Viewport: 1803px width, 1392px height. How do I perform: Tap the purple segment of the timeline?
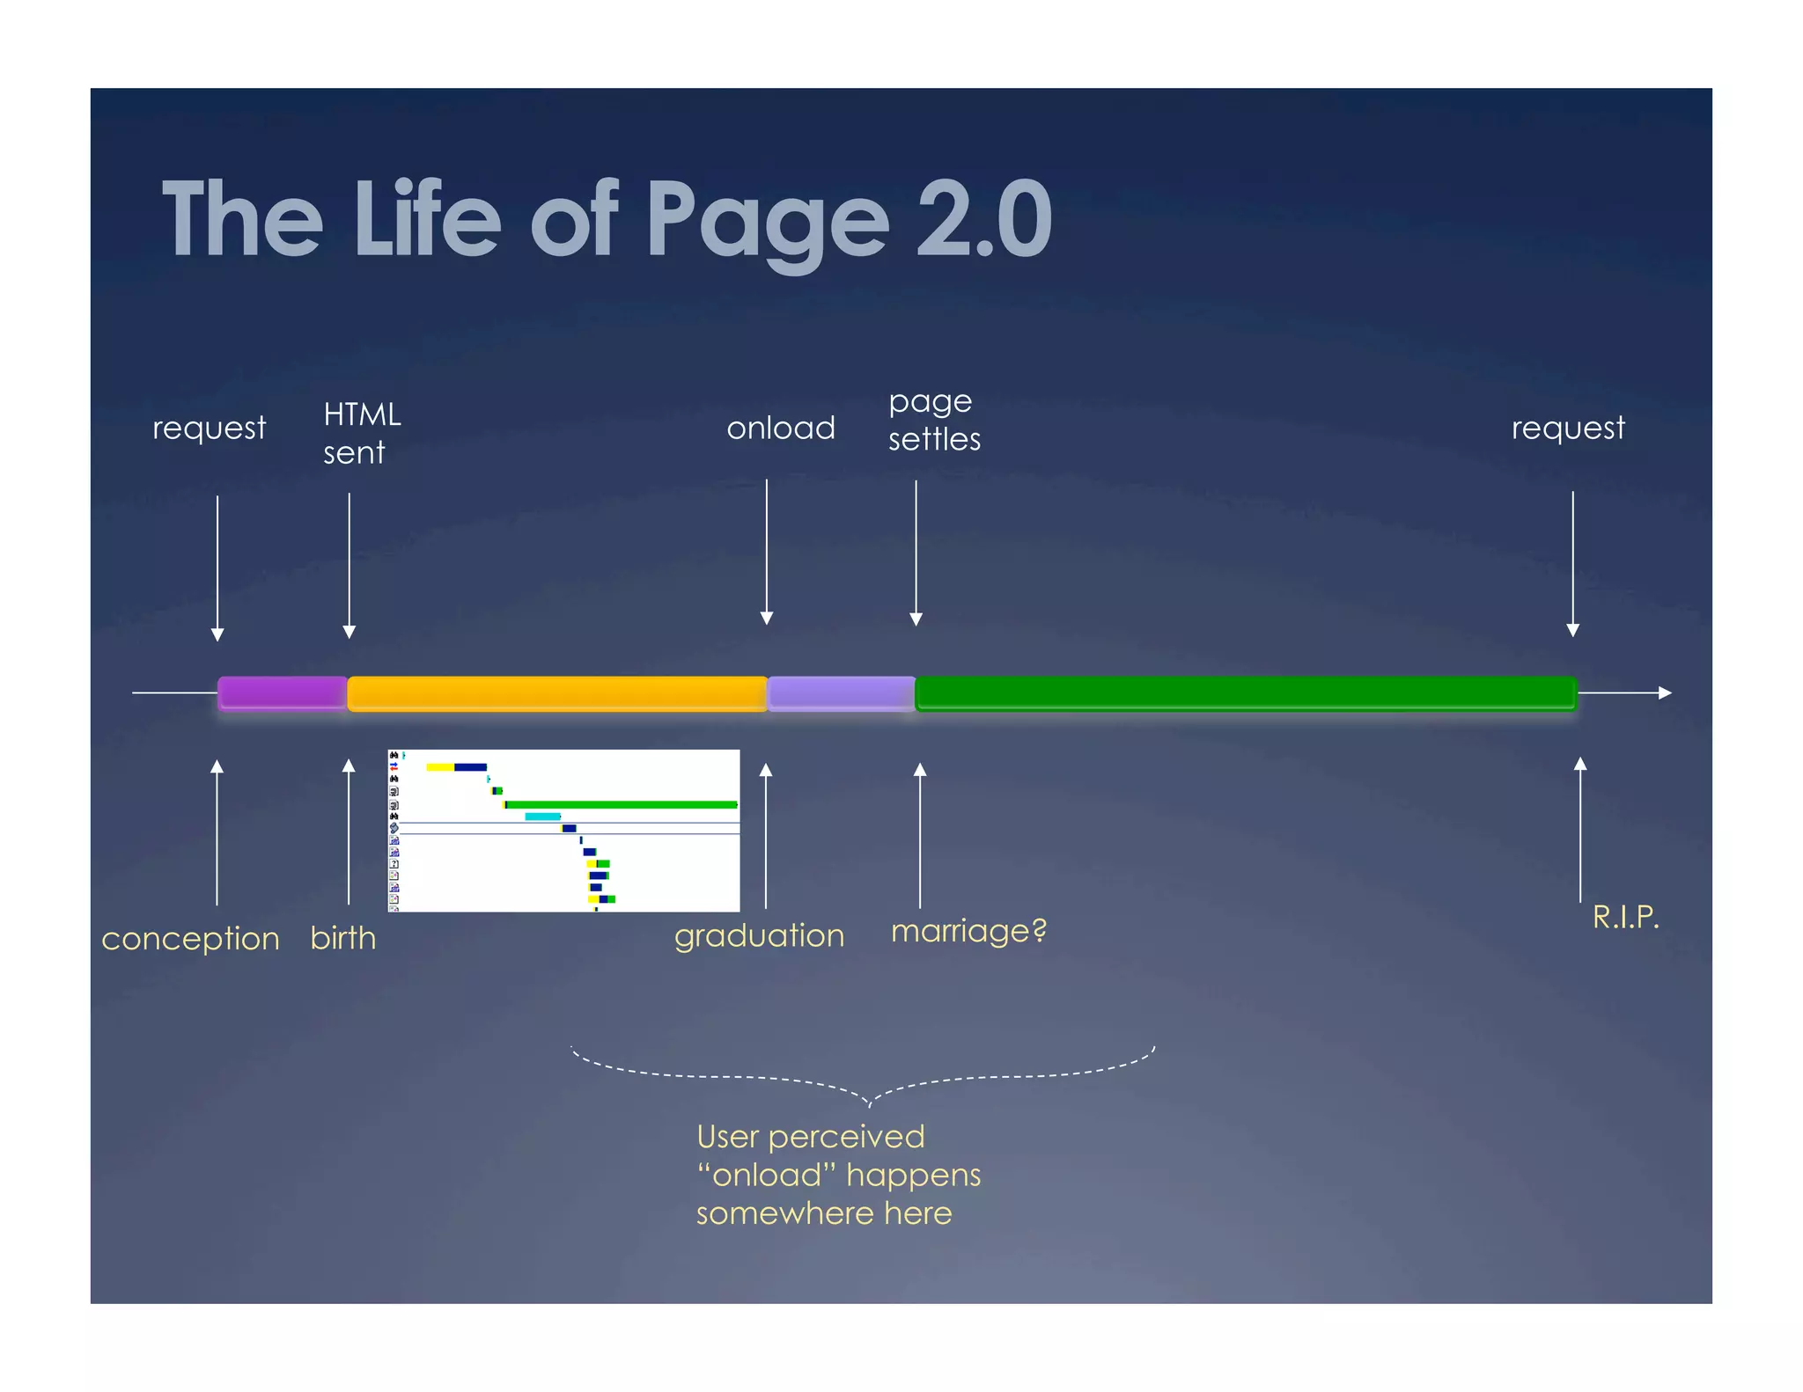pyautogui.click(x=282, y=692)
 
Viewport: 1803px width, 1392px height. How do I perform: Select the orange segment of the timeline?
pyautogui.click(x=556, y=692)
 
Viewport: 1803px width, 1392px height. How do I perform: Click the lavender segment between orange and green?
pyautogui.click(x=841, y=692)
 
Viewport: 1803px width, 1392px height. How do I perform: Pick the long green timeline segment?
pyautogui.click(x=1245, y=692)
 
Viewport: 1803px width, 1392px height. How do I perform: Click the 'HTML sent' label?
pyautogui.click(x=361, y=433)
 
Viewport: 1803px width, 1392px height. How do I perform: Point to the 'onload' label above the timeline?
pyautogui.click(x=780, y=429)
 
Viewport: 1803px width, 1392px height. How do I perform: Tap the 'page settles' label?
pyautogui.click(x=933, y=420)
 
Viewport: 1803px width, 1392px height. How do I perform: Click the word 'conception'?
pyautogui.click(x=190, y=938)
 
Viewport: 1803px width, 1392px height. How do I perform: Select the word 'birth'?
pyautogui.click(x=342, y=938)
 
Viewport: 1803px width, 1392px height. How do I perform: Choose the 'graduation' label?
pyautogui.click(x=759, y=935)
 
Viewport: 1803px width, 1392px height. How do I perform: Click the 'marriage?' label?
pyautogui.click(x=968, y=930)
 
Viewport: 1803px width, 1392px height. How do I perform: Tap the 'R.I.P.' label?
pyautogui.click(x=1625, y=917)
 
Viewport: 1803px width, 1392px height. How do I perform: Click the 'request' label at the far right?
pyautogui.click(x=1567, y=429)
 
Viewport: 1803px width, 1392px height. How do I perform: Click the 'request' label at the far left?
pyautogui.click(x=209, y=429)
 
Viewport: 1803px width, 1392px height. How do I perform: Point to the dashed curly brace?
pyautogui.click(x=867, y=1078)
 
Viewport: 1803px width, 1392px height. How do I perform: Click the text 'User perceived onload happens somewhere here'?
pyautogui.click(x=836, y=1175)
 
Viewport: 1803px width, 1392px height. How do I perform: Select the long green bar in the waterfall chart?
pyautogui.click(x=622, y=804)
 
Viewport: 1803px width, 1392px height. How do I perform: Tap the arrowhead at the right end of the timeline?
pyautogui.click(x=1665, y=692)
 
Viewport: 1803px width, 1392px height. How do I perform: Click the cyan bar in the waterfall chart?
pyautogui.click(x=542, y=817)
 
